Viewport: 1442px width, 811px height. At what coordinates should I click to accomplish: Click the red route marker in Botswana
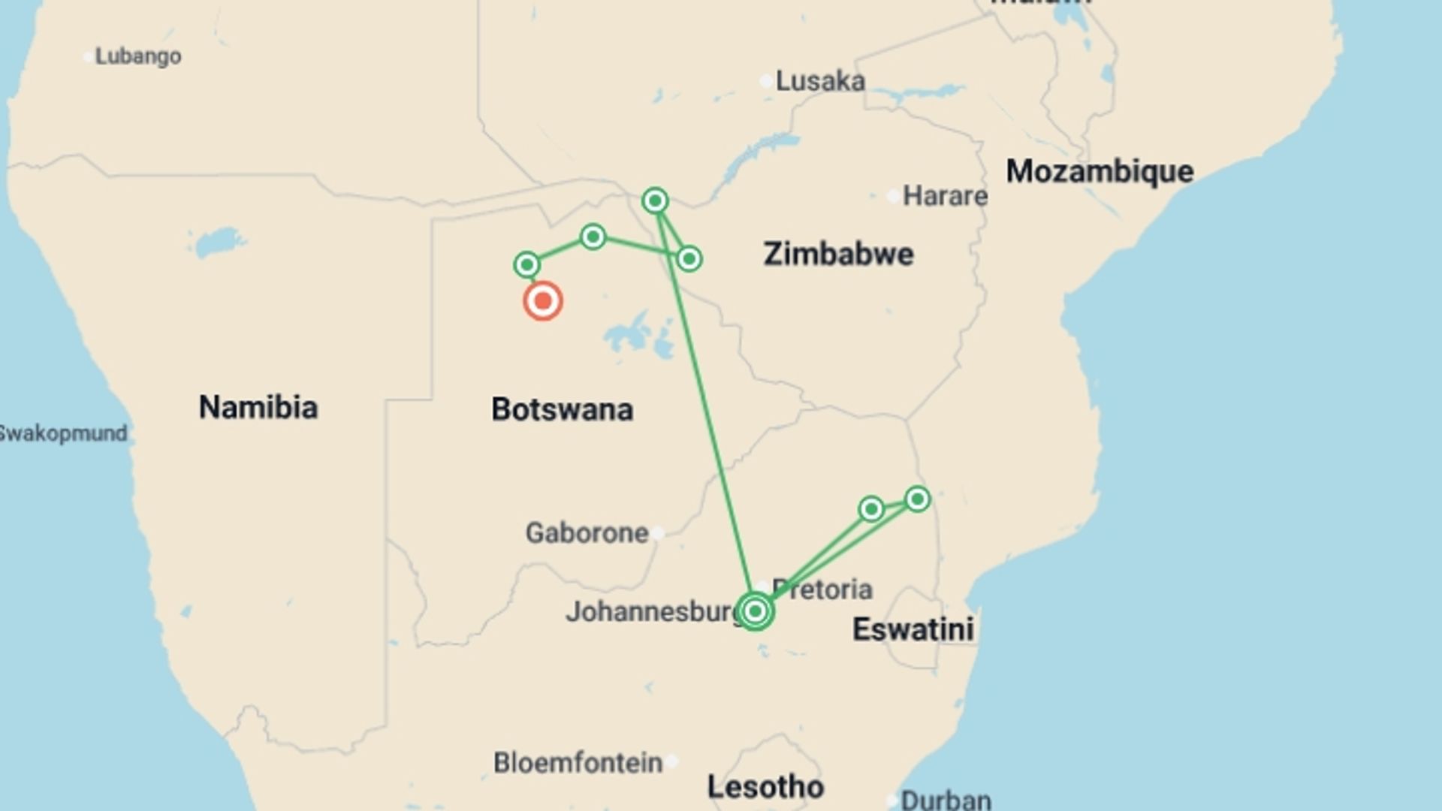(x=542, y=301)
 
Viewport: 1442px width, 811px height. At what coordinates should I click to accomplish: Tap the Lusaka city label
(x=819, y=81)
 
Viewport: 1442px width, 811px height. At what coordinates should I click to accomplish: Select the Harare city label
(x=944, y=196)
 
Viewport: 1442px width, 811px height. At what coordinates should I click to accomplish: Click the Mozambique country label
(x=1100, y=171)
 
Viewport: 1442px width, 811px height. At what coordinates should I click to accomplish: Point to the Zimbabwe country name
(x=838, y=254)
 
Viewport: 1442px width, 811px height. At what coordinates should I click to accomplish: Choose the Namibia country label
(x=258, y=407)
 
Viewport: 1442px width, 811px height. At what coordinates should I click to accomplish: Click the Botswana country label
(x=562, y=409)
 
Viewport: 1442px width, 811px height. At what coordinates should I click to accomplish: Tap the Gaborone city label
(x=587, y=533)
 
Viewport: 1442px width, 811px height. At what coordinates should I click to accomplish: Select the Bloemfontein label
(x=578, y=763)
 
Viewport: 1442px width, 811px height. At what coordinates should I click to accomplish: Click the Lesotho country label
(x=765, y=787)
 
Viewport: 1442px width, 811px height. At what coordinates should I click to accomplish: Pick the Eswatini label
(x=913, y=629)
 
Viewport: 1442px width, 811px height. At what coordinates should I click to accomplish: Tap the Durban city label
(x=946, y=800)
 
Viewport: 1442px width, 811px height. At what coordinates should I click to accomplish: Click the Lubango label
(x=137, y=56)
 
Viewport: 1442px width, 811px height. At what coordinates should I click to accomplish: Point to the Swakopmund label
(x=63, y=433)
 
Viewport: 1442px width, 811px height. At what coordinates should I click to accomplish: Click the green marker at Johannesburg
(x=755, y=611)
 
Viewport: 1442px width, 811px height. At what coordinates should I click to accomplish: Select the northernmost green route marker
(x=655, y=200)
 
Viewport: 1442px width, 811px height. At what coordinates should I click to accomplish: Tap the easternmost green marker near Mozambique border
(x=917, y=499)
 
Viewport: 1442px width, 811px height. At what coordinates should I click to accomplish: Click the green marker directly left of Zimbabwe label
(x=689, y=259)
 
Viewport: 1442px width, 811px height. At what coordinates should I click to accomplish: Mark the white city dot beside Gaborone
(x=658, y=533)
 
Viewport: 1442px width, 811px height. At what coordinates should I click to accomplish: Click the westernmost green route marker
(x=526, y=264)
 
